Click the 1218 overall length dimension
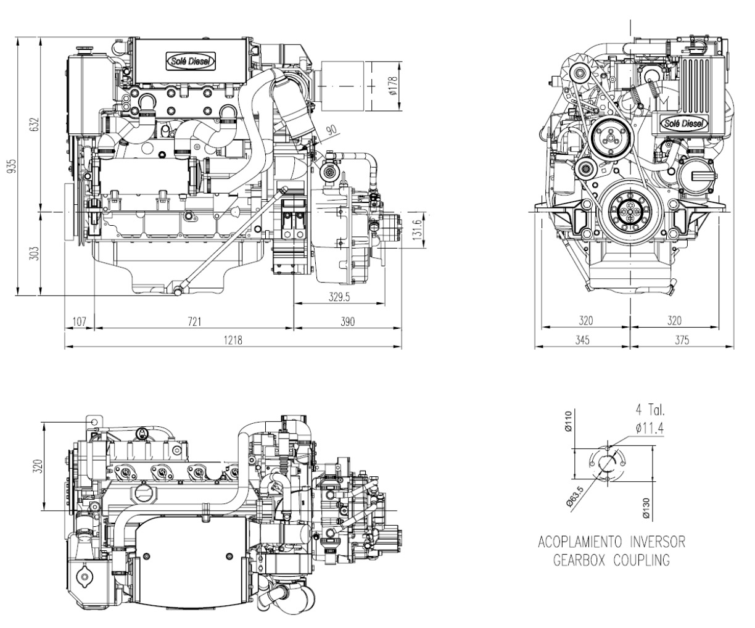[x=233, y=340]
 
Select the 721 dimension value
[x=194, y=321]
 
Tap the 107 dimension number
[x=79, y=321]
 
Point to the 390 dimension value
[x=349, y=321]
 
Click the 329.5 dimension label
[x=339, y=297]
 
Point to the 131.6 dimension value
[x=418, y=231]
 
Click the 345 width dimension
[x=583, y=340]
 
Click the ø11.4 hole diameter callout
[x=647, y=426]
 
